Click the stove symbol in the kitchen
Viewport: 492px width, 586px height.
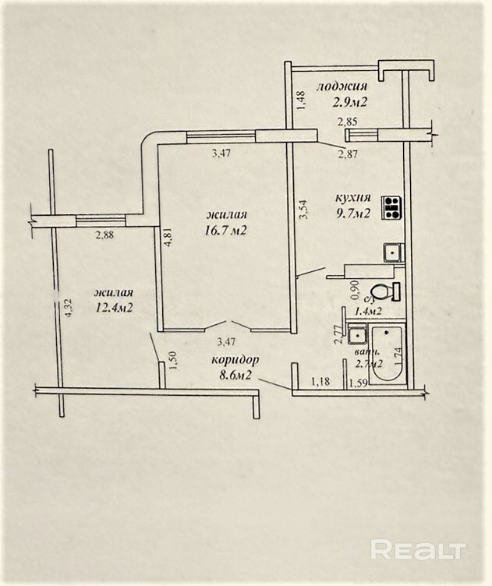[391, 207]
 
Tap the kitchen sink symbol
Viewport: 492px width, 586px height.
[392, 252]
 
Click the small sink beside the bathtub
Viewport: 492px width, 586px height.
[357, 335]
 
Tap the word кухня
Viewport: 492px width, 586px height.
[354, 198]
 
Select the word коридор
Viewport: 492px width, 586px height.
[235, 359]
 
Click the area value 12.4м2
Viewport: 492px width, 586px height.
[114, 307]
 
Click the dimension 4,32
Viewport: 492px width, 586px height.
[67, 307]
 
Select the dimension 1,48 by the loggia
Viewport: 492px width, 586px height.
[299, 97]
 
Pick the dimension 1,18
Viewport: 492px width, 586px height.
[320, 381]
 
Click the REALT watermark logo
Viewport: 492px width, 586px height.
[418, 549]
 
